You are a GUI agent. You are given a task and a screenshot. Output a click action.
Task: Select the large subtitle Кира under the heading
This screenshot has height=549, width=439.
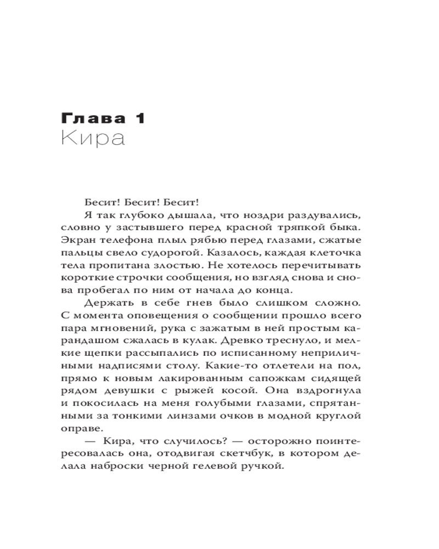tap(93, 138)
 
